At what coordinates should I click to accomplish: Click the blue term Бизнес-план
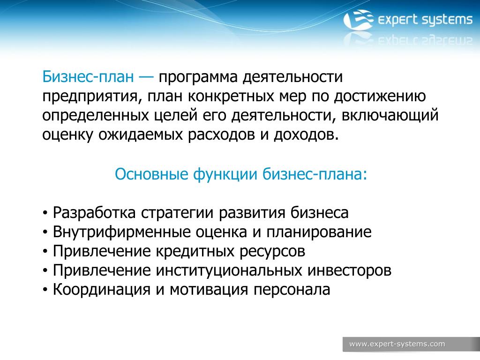tap(88, 76)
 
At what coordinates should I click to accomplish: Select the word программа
tap(198, 78)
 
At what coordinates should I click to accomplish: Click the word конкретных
tap(231, 96)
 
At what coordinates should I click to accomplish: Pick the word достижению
tap(380, 97)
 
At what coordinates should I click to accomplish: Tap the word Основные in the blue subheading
tap(151, 174)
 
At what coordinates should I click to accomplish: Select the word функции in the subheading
tap(225, 175)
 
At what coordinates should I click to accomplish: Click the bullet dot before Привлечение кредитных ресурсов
tap(45, 252)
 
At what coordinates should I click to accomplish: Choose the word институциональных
tap(229, 271)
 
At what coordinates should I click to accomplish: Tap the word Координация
tap(102, 290)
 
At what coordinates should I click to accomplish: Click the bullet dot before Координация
tap(45, 290)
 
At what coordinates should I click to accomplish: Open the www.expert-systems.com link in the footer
tap(397, 344)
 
